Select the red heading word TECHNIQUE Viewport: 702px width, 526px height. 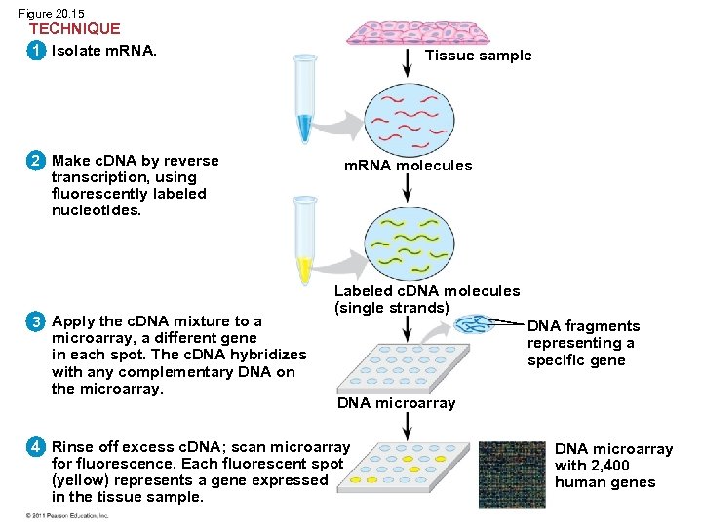(x=75, y=29)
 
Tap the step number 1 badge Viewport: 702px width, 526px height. (x=34, y=51)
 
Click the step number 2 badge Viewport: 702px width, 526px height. (x=34, y=161)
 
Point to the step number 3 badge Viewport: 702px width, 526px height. (x=34, y=321)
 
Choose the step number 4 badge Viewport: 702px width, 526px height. (x=34, y=447)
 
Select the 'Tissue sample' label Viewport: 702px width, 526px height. (x=478, y=56)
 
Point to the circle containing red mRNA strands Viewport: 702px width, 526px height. (x=408, y=116)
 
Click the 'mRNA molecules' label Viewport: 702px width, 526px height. (x=408, y=166)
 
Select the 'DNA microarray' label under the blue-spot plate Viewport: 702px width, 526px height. (x=396, y=403)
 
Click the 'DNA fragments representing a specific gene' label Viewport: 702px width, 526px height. (x=583, y=343)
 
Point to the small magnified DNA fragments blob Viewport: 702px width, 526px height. (x=476, y=325)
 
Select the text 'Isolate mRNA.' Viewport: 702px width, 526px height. (x=103, y=51)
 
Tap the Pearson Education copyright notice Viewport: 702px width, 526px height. (x=68, y=516)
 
